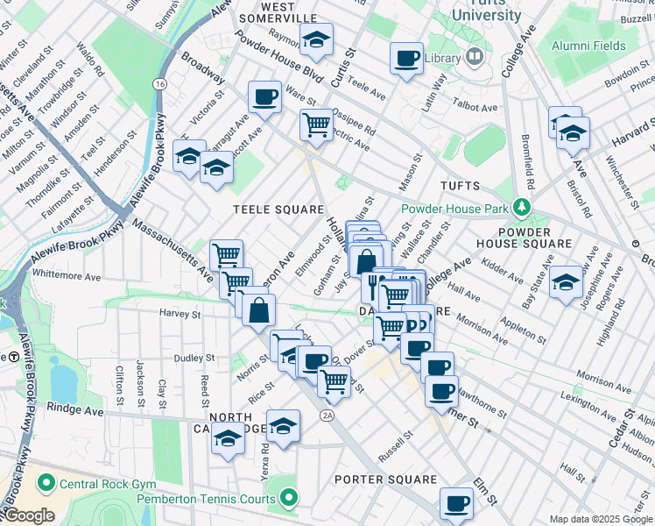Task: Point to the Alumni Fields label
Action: pos(588,46)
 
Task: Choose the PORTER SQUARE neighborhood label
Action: pos(385,480)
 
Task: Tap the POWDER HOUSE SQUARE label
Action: pos(524,237)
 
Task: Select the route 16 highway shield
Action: pos(159,83)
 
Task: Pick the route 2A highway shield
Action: pos(327,415)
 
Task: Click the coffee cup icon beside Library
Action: pos(405,59)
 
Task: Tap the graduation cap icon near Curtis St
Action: pos(316,39)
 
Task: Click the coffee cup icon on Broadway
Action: pos(264,96)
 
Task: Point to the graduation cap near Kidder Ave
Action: pos(567,281)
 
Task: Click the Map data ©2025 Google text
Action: pos(600,519)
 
